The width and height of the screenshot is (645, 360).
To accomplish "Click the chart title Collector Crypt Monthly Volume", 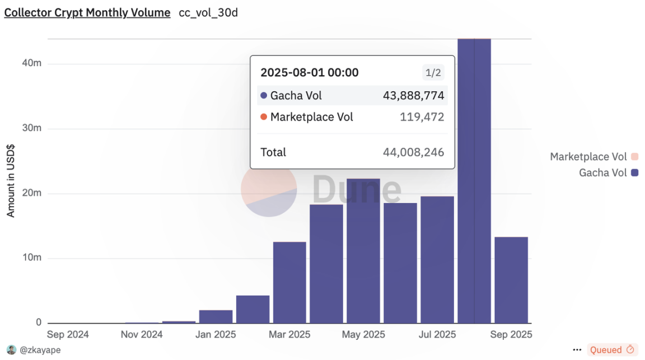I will [87, 13].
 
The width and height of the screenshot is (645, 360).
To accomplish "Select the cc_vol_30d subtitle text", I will [208, 13].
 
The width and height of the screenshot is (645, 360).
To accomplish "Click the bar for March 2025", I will [289, 282].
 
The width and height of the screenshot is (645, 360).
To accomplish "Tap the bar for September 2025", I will [511, 280].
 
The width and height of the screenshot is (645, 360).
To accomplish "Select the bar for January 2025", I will [216, 316].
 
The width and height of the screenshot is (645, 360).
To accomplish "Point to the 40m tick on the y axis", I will [31, 64].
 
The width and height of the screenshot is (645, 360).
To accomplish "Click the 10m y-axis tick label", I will [31, 258].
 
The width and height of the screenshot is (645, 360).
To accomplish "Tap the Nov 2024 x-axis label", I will [142, 335].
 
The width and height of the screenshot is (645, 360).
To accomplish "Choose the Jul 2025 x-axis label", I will [437, 335].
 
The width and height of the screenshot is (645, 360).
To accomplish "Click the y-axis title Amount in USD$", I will [11, 181].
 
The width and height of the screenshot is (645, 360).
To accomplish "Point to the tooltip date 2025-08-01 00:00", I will [310, 73].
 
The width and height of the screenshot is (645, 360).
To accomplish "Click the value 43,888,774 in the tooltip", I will [413, 96].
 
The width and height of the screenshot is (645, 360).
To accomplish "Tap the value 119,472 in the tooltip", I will [422, 117].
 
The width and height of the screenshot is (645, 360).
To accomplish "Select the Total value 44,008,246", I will [413, 152].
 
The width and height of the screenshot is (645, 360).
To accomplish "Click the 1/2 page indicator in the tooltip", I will [432, 73].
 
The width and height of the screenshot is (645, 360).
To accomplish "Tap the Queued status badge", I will [612, 350].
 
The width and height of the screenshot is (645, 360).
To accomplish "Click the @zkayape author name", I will [40, 350].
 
